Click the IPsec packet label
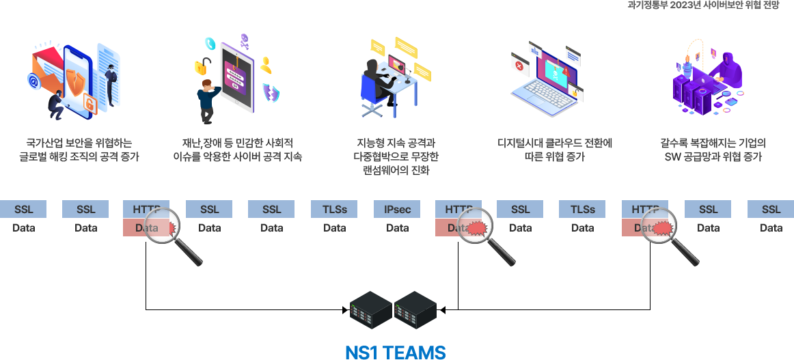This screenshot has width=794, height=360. tap(397, 209)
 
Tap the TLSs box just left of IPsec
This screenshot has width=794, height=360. tap(334, 209)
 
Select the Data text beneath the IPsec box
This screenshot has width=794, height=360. tap(397, 228)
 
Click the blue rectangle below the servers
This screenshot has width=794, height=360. tap(395, 352)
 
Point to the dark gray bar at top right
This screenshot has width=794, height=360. tap(703, 5)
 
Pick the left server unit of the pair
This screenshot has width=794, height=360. tap(371, 310)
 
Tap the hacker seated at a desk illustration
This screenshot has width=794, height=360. tap(396, 77)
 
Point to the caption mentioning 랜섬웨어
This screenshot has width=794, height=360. tap(397, 156)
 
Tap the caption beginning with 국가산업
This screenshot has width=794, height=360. tap(79, 150)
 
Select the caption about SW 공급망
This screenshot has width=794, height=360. tap(712, 150)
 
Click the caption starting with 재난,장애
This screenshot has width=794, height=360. tap(237, 150)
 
